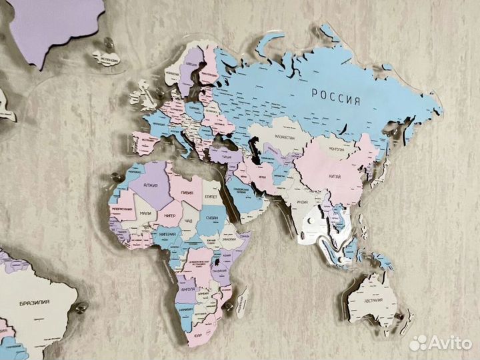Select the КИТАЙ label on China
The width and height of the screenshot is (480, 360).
pyautogui.click(x=335, y=177)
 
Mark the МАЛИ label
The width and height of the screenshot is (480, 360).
pyautogui.click(x=146, y=215)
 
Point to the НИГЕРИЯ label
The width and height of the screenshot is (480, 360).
pyautogui.click(x=166, y=235)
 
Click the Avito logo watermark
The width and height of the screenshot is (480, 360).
pyautogui.click(x=440, y=343)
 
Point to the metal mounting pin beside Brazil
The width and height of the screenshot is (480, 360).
pyautogui.click(x=82, y=308)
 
